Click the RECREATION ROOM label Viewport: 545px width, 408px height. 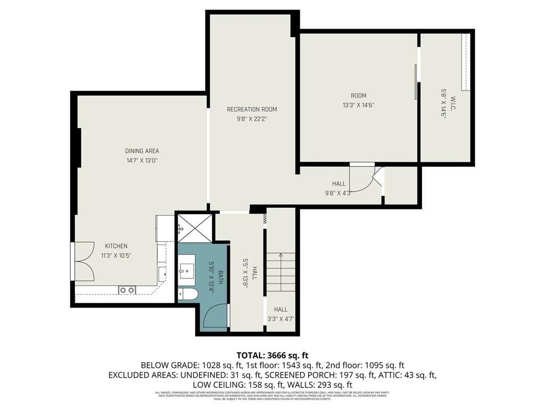(252, 109)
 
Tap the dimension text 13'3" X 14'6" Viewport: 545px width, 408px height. (359, 105)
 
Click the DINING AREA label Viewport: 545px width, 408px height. (142, 151)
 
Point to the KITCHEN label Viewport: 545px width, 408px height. (115, 246)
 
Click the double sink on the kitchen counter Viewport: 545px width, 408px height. (127, 290)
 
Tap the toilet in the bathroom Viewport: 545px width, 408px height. (188, 294)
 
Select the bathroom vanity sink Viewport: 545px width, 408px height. (187, 271)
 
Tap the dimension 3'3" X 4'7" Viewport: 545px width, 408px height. (280, 319)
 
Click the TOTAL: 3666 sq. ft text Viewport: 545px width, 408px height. (272, 355)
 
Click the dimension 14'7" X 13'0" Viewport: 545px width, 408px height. (142, 160)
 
